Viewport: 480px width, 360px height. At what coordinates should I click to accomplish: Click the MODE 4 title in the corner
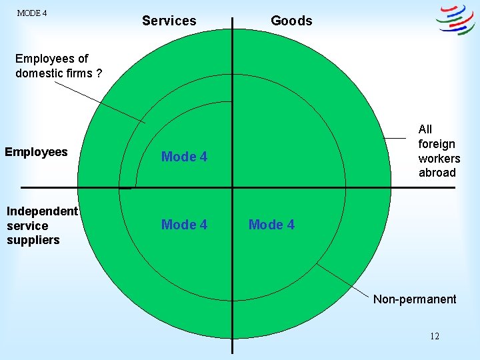(31, 13)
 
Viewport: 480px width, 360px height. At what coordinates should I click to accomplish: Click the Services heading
(169, 21)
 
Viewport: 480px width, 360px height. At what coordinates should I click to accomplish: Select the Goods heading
(291, 21)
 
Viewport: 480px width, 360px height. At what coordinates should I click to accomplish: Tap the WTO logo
(455, 20)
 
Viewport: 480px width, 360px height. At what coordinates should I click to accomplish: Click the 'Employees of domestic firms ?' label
(59, 66)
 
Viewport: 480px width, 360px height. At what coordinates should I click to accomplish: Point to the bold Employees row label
(36, 152)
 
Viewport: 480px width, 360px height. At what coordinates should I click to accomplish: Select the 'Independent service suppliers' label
(42, 225)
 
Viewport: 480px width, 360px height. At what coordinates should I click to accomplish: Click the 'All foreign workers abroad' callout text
(439, 151)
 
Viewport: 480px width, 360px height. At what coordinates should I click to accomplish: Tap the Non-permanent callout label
(415, 299)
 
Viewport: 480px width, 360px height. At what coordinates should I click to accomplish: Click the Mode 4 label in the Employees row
(184, 157)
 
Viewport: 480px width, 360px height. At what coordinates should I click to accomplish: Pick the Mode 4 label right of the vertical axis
(271, 225)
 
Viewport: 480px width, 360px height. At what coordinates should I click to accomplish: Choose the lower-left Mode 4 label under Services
(184, 225)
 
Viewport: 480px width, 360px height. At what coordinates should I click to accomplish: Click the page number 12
(434, 336)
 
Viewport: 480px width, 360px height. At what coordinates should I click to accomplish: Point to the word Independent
(42, 211)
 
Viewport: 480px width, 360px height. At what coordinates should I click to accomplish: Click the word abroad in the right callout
(437, 173)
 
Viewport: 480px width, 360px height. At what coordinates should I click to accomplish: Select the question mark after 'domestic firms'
(99, 73)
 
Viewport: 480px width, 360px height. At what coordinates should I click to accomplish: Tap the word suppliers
(33, 240)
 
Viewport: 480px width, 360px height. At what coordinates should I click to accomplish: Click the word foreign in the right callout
(437, 144)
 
